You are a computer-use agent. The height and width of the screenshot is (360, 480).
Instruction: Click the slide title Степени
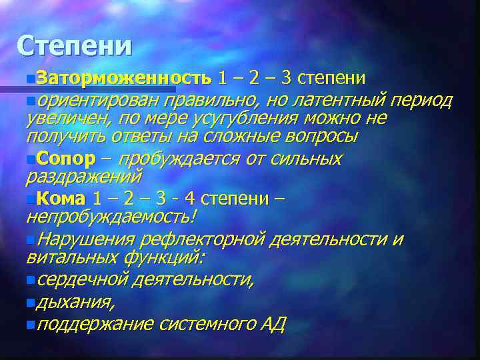[75, 45]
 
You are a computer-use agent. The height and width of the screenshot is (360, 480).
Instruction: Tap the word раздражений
[83, 176]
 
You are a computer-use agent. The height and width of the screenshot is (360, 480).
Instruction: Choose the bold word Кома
[61, 199]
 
